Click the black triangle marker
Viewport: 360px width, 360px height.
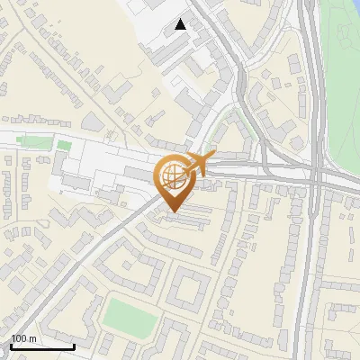click(181, 24)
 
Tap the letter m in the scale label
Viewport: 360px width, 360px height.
click(33, 338)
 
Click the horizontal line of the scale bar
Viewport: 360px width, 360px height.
click(41, 346)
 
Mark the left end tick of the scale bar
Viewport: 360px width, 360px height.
click(10, 345)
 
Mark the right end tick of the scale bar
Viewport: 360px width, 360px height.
click(74, 345)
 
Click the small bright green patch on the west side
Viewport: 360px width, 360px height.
click(64, 144)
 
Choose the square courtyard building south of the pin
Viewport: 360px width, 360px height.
click(187, 290)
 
